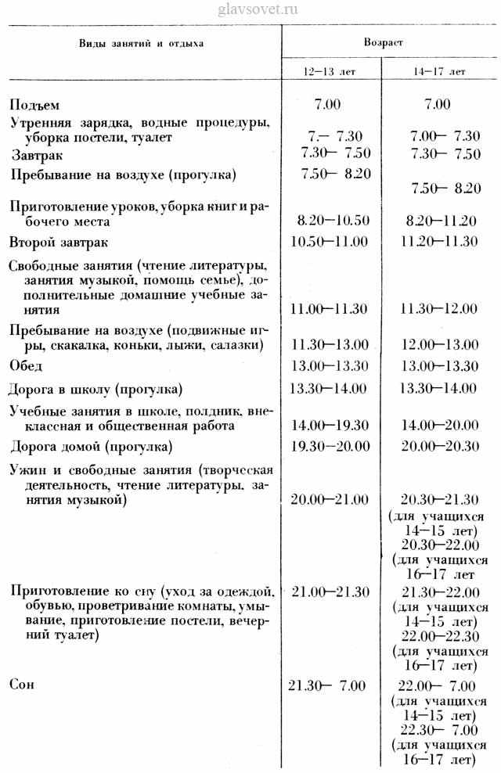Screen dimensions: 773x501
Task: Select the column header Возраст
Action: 384,42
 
